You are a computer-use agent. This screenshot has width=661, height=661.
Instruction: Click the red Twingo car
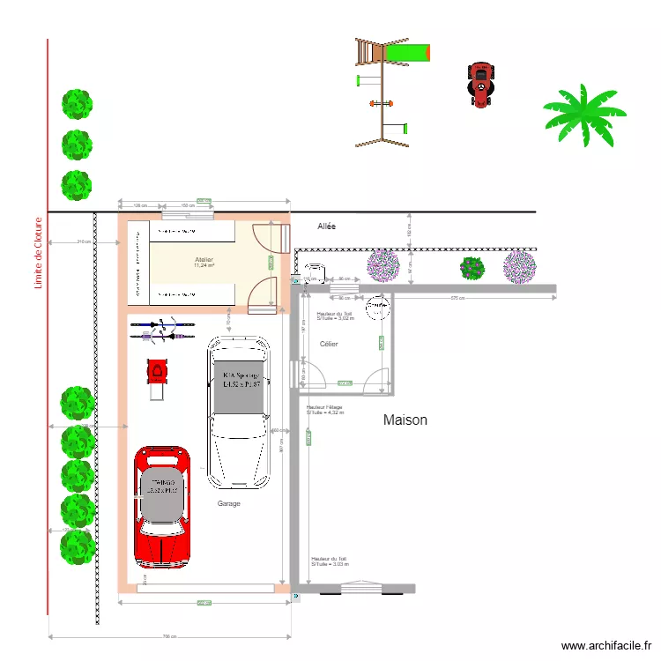click(162, 508)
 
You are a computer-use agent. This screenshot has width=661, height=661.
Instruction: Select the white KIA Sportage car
click(238, 411)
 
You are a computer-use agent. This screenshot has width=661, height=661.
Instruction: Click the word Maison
click(405, 420)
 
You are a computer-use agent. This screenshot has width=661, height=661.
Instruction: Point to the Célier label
click(329, 344)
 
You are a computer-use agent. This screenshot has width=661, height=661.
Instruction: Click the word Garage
click(228, 503)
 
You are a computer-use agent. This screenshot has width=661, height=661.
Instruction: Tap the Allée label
click(326, 227)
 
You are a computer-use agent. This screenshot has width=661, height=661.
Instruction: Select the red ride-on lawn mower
click(480, 84)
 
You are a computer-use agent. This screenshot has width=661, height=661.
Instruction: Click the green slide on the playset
click(409, 53)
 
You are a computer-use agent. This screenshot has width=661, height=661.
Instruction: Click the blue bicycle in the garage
click(152, 325)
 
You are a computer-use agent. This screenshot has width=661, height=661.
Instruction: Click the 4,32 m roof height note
click(325, 409)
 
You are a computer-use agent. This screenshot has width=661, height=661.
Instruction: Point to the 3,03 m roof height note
click(329, 561)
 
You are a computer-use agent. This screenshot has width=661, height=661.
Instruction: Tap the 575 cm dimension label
click(457, 298)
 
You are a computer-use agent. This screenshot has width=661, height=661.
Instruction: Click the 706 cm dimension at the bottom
click(170, 636)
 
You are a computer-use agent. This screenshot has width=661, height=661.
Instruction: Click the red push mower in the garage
click(157, 374)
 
